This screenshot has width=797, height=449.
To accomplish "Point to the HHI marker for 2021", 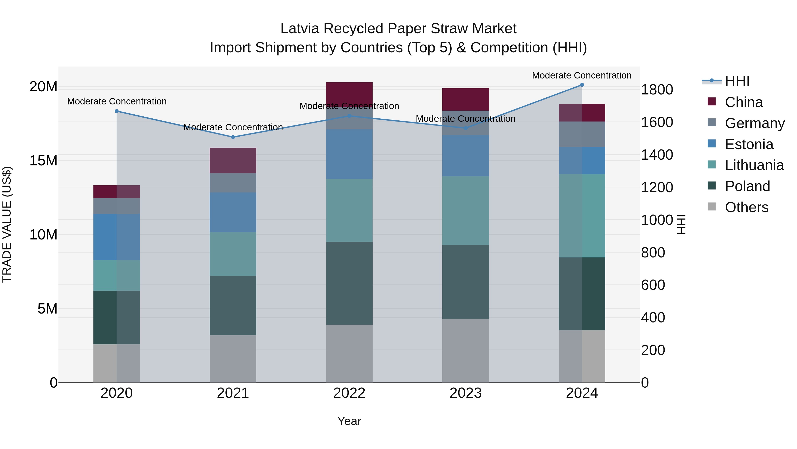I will [233, 137].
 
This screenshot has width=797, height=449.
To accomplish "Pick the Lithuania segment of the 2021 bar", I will [233, 254].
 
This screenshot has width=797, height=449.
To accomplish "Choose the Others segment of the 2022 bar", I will [349, 353].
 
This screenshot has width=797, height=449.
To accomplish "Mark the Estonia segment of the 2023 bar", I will [466, 156].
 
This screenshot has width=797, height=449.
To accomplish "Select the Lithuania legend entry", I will [754, 165].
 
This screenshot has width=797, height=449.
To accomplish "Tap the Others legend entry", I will [746, 207].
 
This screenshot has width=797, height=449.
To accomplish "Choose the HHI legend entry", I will [737, 81].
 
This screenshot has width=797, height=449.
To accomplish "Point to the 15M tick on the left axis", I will [44, 161].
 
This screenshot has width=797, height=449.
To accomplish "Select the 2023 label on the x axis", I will [466, 393].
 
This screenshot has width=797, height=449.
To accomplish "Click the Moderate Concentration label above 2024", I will [582, 75].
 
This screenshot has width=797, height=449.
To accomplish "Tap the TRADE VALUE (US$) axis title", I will [7, 224].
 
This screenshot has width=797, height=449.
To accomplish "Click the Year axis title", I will [349, 421].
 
